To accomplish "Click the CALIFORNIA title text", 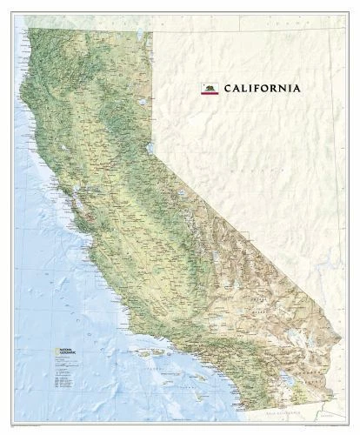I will click(x=263, y=88).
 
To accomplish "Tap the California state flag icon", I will click(x=209, y=88).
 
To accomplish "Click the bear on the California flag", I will click(x=209, y=86).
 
